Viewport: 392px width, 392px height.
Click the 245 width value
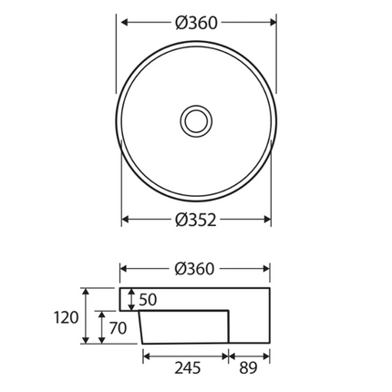pyautogui.click(x=186, y=368)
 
